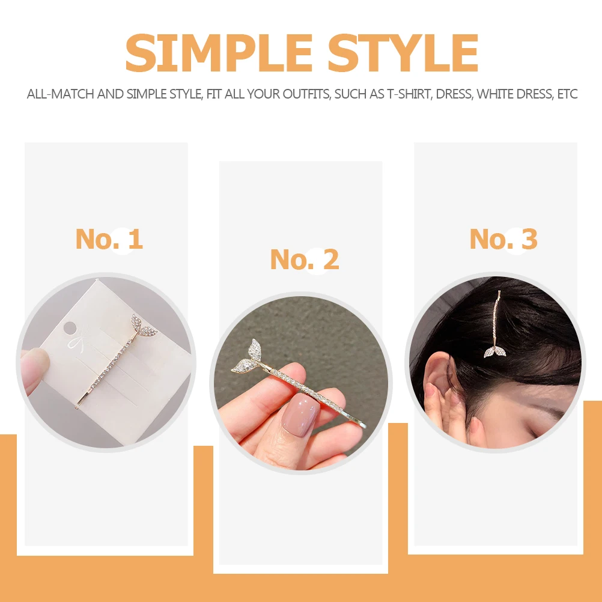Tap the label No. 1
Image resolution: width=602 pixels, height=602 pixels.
tap(109, 239)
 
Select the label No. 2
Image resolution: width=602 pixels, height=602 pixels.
tap(304, 260)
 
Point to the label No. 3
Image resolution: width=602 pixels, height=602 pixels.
tap(503, 239)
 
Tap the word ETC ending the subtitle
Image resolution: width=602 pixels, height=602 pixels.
tap(567, 94)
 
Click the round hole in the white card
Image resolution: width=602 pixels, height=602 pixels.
tap(70, 328)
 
